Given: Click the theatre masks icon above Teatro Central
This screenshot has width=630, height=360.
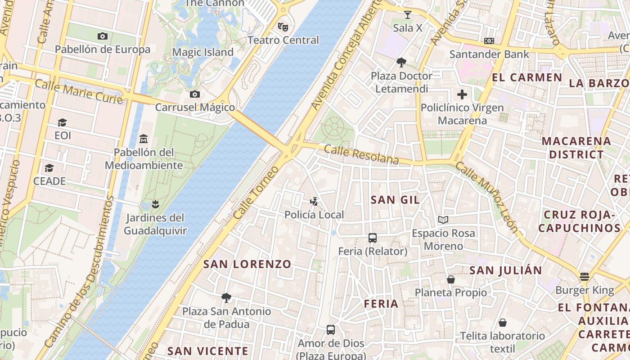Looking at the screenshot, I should [x=283, y=27].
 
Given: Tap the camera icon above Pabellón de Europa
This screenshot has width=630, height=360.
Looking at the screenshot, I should [x=102, y=36].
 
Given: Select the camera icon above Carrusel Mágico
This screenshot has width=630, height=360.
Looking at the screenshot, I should [x=195, y=94].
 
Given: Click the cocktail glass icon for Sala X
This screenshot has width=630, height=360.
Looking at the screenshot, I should [x=408, y=14].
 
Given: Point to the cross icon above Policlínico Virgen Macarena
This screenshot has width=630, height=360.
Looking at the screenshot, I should [x=462, y=94].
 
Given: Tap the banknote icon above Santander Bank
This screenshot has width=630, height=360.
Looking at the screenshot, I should [x=489, y=41].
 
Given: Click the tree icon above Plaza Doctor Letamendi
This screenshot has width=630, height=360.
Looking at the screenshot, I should [x=401, y=63].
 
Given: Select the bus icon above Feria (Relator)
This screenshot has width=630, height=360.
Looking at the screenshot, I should [x=372, y=238].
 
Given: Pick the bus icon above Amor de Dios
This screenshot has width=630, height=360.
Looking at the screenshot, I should [x=331, y=330].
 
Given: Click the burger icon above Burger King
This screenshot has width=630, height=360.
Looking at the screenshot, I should [x=585, y=276].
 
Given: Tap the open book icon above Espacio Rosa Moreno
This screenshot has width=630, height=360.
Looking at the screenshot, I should [x=443, y=220].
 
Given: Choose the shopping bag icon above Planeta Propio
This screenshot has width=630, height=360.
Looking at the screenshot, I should [x=451, y=279].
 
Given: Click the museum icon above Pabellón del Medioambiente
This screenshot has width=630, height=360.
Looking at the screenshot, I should [x=144, y=138].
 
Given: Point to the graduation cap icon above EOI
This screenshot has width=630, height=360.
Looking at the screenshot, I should [x=62, y=122].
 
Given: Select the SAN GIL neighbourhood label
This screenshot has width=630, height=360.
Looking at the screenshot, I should [x=395, y=200].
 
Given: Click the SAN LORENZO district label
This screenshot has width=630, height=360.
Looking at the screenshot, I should [x=247, y=264].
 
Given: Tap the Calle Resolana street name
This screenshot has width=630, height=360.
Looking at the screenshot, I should [x=361, y=154].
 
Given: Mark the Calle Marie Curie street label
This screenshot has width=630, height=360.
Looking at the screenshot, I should [x=79, y=90].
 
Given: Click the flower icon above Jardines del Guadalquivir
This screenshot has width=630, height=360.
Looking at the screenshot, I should [x=155, y=204].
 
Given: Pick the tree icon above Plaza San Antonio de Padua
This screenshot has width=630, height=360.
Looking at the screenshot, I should [x=226, y=297].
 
